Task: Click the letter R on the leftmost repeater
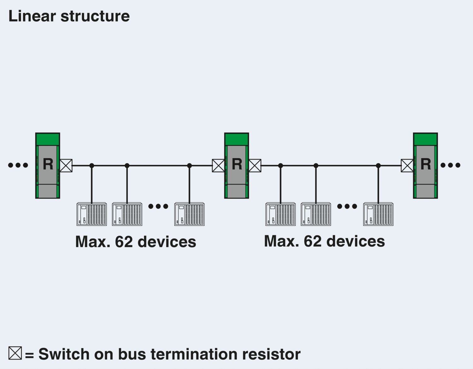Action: [x=48, y=164]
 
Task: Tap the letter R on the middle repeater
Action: [x=237, y=164]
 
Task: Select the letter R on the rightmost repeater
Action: [x=426, y=164]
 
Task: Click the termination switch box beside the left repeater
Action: [x=66, y=166]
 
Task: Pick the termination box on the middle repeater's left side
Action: [x=218, y=166]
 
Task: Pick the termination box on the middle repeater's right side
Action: [x=255, y=166]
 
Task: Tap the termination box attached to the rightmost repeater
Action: [x=407, y=166]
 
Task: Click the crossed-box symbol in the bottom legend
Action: [x=15, y=353]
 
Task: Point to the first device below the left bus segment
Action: [x=91, y=214]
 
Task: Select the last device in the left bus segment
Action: [x=189, y=214]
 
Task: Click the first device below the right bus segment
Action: [x=280, y=214]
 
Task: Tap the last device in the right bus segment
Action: [x=378, y=214]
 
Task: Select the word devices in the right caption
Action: [x=355, y=241]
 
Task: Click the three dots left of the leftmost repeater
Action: [x=18, y=165]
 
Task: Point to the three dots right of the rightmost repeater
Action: [x=450, y=165]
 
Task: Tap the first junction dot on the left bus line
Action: [x=92, y=166]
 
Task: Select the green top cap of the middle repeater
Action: [x=237, y=139]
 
